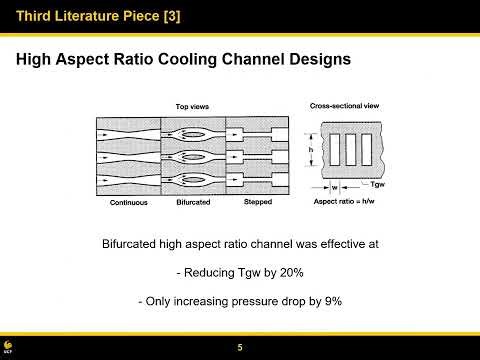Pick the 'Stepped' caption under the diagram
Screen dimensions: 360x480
(258, 202)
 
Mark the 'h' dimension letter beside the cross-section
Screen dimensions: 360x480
(312, 151)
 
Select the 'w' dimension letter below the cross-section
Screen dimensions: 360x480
(334, 186)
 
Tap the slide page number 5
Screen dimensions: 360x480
(240, 347)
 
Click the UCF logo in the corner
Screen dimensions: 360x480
(9, 347)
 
